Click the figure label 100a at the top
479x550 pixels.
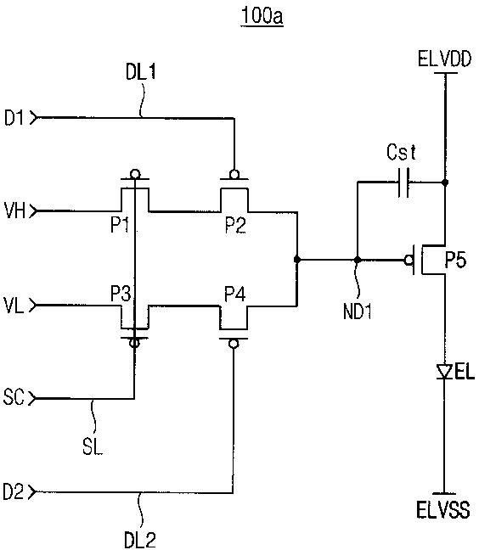(x=262, y=16)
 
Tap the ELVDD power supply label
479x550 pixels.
(x=445, y=59)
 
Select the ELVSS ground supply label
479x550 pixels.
(x=443, y=509)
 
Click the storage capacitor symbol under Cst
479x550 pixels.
(x=403, y=182)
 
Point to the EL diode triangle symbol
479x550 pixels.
(x=444, y=372)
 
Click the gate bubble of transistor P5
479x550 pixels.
(x=409, y=261)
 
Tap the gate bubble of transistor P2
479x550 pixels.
(x=234, y=174)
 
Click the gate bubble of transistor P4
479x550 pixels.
(x=233, y=344)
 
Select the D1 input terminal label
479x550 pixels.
(x=14, y=117)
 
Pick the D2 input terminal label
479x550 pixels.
(x=14, y=491)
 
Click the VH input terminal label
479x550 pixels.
(x=14, y=210)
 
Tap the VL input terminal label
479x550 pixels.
(x=14, y=306)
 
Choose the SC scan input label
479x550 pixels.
(x=14, y=398)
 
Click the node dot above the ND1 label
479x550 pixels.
(x=358, y=260)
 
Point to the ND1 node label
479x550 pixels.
(x=358, y=311)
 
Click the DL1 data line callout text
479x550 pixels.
(x=141, y=72)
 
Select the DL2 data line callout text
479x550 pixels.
(x=140, y=540)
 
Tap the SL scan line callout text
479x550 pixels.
(x=93, y=446)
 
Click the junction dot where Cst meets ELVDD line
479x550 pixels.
(x=445, y=182)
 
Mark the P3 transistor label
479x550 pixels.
(x=121, y=293)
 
